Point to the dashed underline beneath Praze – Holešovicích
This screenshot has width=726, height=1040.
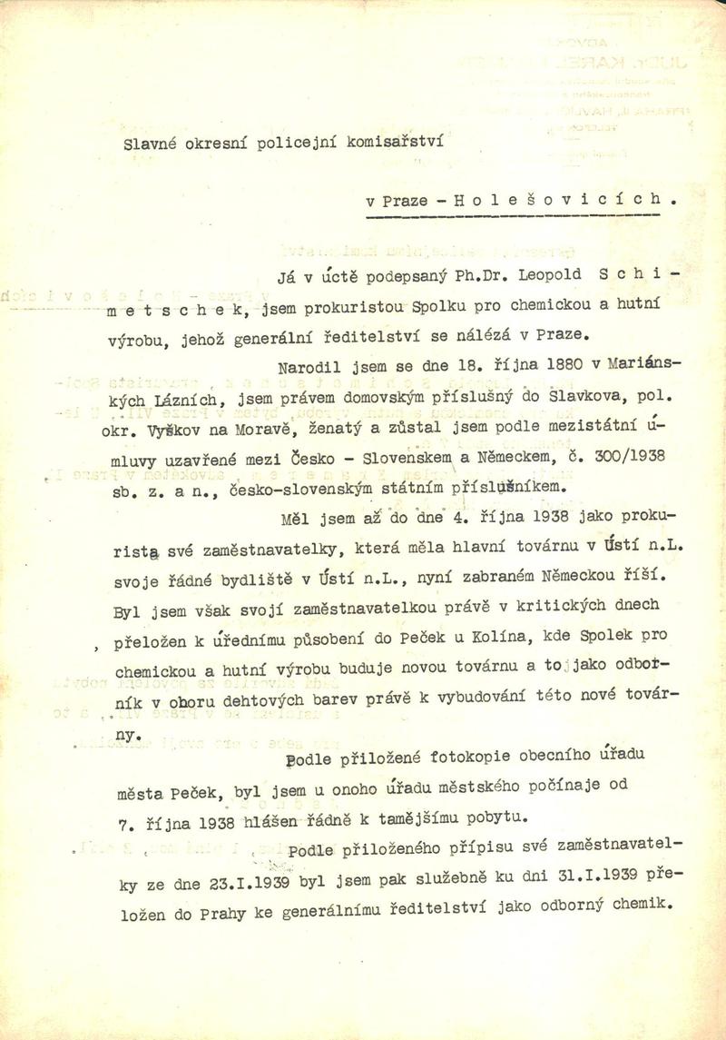(512, 215)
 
